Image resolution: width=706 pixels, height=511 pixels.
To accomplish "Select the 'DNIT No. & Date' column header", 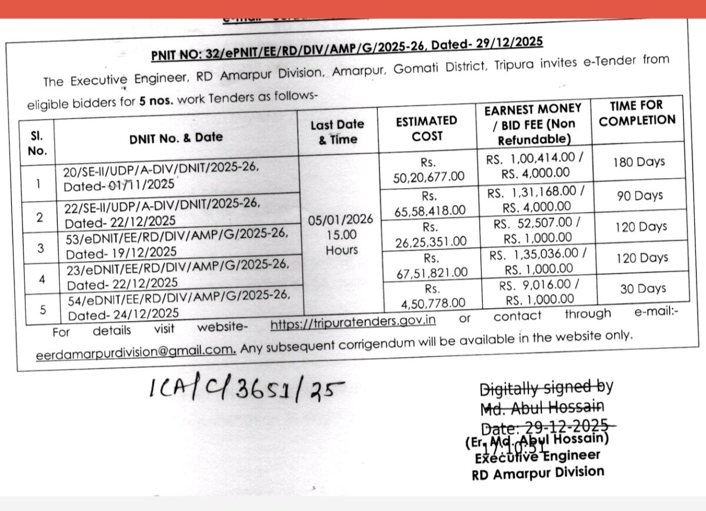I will click(176, 138).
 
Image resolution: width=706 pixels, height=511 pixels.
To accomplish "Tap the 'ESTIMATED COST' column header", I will click(427, 128).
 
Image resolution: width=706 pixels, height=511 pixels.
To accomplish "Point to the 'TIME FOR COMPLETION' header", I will click(636, 113).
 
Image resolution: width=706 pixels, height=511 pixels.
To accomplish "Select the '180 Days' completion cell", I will click(640, 162).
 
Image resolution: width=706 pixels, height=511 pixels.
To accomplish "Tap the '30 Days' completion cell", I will click(642, 289).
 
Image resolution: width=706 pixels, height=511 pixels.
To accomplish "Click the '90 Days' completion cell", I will click(640, 195).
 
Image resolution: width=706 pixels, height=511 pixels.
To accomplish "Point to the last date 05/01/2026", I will click(341, 220).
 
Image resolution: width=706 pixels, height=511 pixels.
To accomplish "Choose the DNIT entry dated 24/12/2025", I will click(179, 306).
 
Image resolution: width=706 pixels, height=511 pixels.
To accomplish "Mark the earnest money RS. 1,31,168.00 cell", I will click(535, 199).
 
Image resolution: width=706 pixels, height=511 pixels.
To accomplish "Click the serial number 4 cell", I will click(42, 278).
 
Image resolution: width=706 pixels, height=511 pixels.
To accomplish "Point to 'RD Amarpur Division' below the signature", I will click(538, 472).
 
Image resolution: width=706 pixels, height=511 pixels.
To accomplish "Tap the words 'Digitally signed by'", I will click(547, 388).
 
